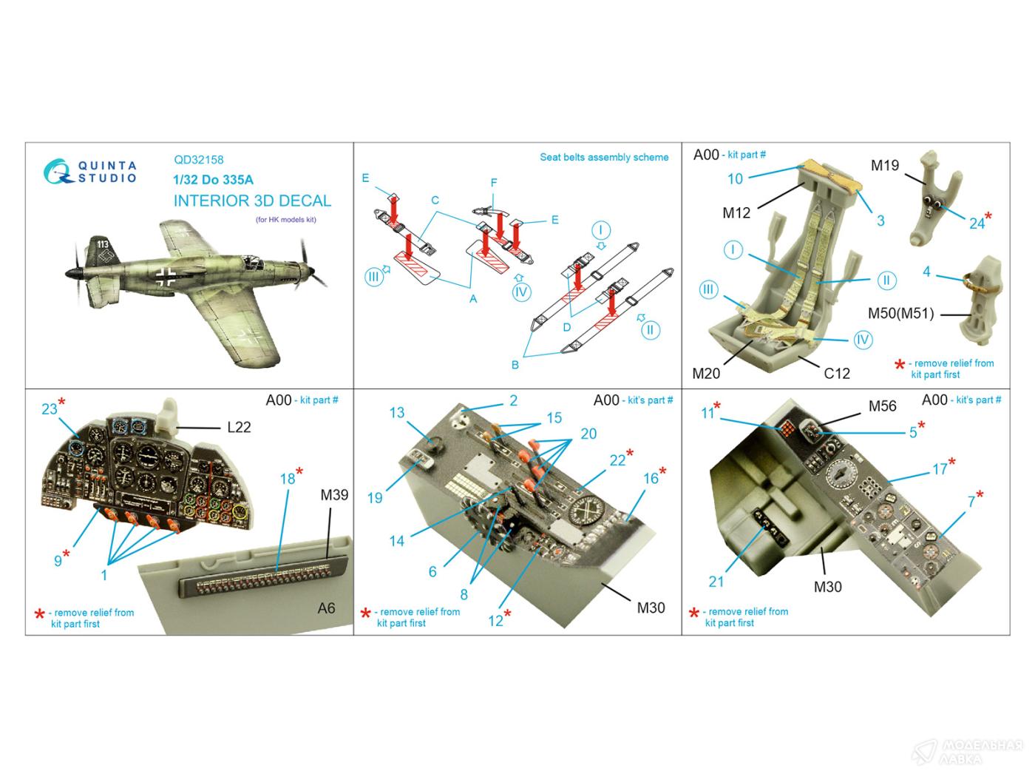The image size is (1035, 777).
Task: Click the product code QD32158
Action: coord(199,160)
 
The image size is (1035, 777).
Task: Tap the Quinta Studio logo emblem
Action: coord(58,171)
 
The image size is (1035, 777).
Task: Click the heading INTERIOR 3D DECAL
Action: coord(252,201)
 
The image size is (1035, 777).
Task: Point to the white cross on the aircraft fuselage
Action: coord(166,277)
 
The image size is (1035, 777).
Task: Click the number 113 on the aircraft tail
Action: coord(103,244)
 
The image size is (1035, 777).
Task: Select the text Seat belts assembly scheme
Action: coord(604,157)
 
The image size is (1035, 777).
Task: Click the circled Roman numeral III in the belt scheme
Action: coord(373,277)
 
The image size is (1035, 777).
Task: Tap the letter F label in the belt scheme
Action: coord(494,183)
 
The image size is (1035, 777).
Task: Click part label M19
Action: coord(885,166)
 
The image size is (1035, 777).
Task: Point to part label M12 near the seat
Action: coord(736,213)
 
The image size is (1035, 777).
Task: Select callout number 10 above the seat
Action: coord(735,179)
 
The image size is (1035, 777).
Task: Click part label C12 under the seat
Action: coord(836,374)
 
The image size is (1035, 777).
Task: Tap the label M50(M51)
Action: coord(900,314)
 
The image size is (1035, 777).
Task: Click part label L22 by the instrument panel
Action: coord(239,428)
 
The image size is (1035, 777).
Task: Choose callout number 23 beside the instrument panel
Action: coord(50,409)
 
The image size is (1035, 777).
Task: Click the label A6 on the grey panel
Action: coord(326,608)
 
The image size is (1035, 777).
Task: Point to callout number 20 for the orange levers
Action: coord(588,434)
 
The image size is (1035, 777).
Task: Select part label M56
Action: coord(882,406)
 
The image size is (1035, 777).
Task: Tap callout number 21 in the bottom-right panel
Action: coord(716,582)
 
